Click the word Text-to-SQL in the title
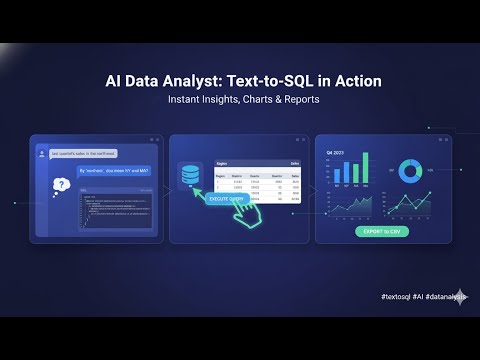click(x=271, y=81)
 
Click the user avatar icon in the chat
click(x=41, y=153)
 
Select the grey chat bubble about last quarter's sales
click(x=86, y=153)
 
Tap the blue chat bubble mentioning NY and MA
click(x=116, y=172)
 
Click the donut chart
click(x=408, y=171)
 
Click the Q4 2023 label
click(x=333, y=152)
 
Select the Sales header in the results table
click(x=295, y=161)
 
